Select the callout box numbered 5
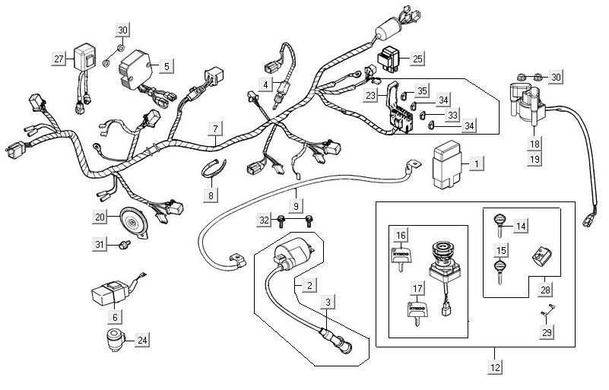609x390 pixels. pos(166,66)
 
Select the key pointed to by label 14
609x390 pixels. pos(499,221)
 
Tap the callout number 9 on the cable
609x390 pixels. pos(296,205)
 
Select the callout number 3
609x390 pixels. pos(327,303)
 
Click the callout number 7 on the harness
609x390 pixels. pos(216,128)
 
